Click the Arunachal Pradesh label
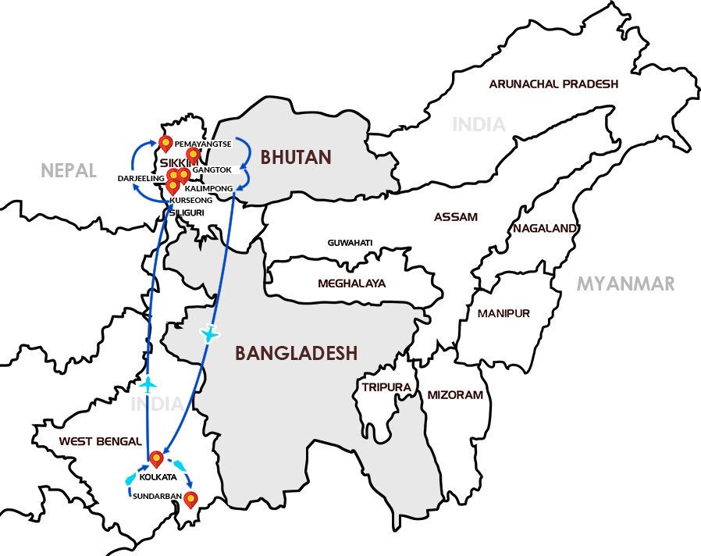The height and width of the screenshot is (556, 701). click(553, 84)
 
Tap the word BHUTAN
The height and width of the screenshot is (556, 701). click(296, 158)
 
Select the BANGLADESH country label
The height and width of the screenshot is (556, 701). click(297, 354)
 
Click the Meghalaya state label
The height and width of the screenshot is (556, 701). click(351, 283)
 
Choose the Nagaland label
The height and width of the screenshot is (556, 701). click(545, 228)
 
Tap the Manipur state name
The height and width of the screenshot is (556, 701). click(504, 313)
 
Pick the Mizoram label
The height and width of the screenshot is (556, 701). click(455, 395)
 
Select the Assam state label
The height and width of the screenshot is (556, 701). click(456, 217)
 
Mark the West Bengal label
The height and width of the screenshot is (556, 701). click(100, 441)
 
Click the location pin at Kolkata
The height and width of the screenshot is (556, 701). click(155, 458)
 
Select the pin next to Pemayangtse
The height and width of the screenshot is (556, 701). click(165, 144)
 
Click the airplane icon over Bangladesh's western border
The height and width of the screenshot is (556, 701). click(209, 333)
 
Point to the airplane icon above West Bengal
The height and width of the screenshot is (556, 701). click(147, 384)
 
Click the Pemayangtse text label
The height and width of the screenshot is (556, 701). click(205, 144)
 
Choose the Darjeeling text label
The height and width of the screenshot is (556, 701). click(140, 178)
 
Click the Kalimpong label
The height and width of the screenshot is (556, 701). click(209, 189)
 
